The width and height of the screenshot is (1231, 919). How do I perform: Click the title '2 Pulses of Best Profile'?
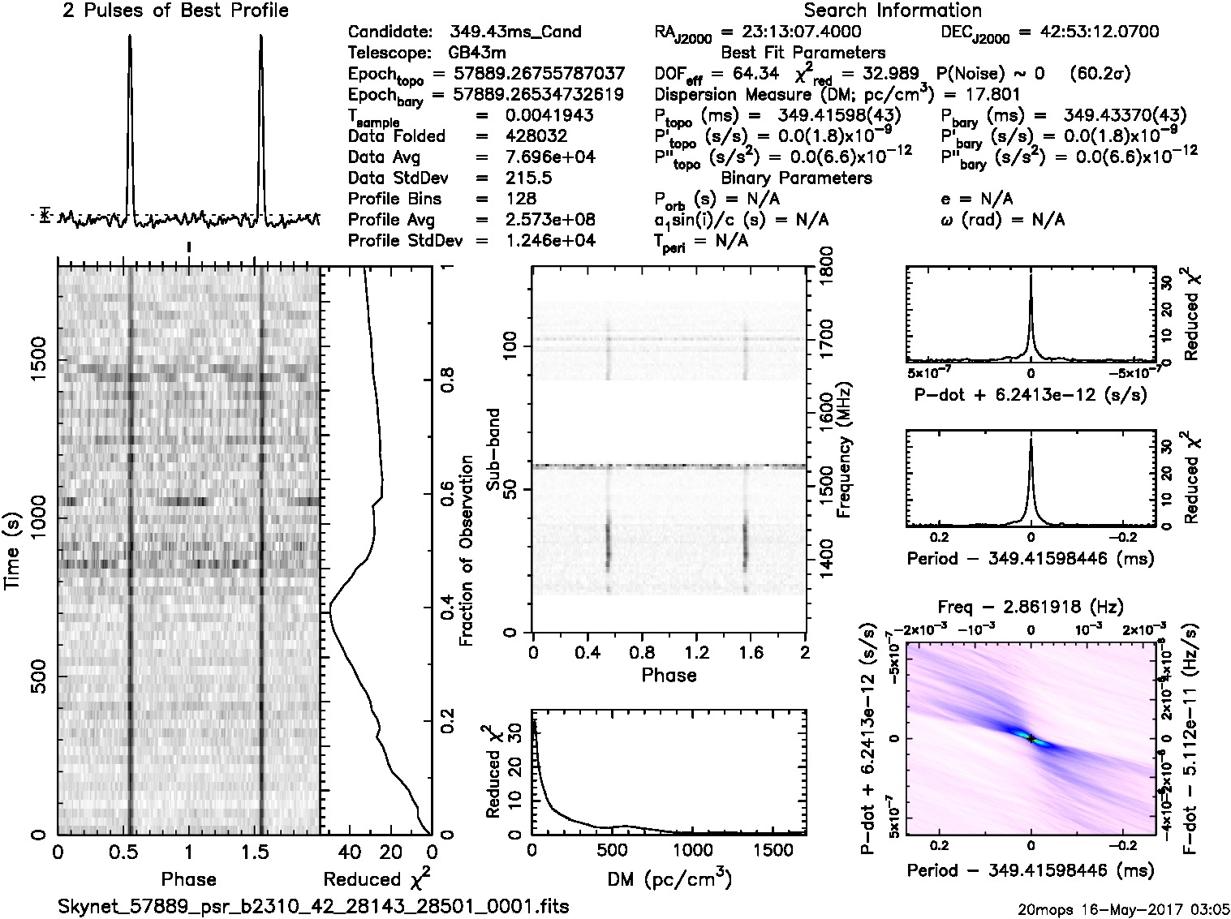(175, 11)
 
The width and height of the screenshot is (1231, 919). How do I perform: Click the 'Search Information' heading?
(893, 11)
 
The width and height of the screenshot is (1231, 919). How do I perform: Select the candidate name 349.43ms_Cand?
(515, 32)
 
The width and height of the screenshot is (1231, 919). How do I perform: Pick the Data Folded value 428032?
(536, 136)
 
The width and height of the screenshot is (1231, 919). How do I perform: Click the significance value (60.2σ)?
(1100, 74)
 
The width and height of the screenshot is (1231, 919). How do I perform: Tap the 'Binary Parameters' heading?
(797, 178)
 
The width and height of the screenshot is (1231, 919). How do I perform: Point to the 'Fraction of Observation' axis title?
(466, 551)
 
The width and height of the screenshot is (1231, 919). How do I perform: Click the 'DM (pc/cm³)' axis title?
(668, 879)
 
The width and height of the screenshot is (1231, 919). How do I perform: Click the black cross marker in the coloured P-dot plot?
(1031, 739)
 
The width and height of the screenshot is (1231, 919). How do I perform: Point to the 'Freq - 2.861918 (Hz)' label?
(1031, 607)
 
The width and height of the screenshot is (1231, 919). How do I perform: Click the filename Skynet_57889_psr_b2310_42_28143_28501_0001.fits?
(314, 906)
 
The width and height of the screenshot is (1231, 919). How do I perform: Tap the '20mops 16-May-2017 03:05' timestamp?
(1124, 909)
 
